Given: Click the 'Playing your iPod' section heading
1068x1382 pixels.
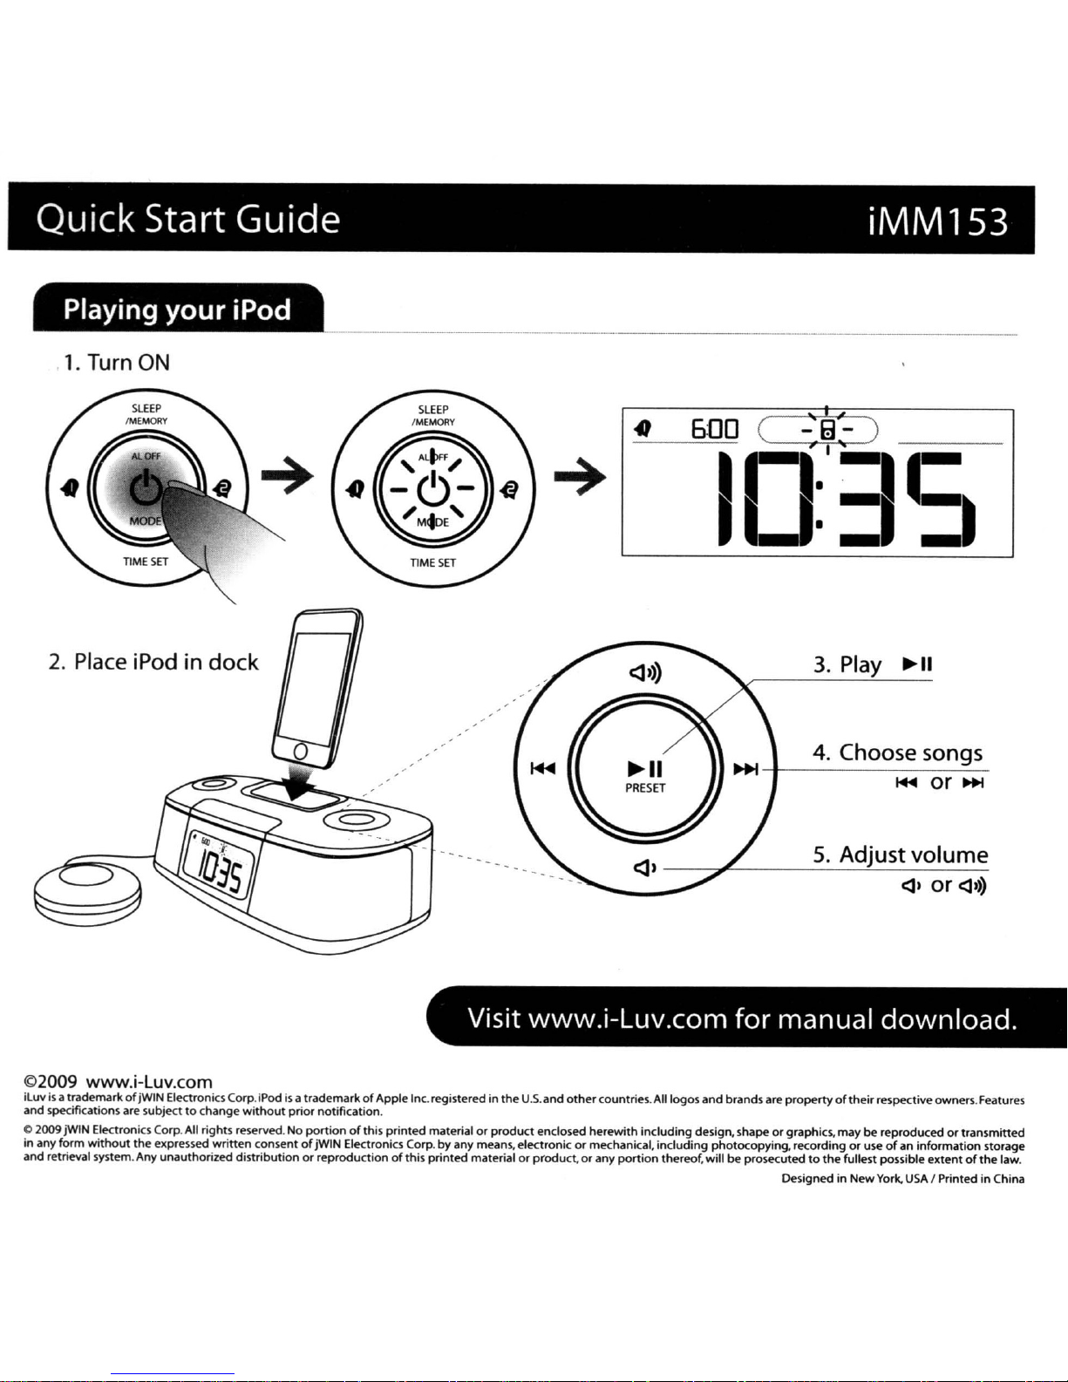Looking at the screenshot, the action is [177, 310].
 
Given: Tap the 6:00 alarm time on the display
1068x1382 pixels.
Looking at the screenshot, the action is [715, 430].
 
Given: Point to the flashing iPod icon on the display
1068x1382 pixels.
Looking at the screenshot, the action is [827, 430].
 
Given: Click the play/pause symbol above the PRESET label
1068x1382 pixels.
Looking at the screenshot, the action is [645, 769].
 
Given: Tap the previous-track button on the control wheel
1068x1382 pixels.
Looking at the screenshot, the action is [543, 769].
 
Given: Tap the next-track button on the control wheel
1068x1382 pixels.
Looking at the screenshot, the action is [745, 770].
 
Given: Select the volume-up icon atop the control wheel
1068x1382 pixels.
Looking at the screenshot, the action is [645, 672].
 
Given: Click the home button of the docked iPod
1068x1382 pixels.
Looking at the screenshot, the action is [302, 752].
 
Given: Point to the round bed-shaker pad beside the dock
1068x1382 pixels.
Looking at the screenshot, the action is [88, 893].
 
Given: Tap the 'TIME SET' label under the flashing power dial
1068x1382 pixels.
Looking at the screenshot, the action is [433, 563].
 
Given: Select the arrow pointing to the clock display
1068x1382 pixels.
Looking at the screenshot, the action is [580, 477].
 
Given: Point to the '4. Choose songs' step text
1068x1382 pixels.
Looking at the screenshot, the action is [898, 752].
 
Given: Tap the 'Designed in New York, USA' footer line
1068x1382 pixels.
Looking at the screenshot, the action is [902, 1179].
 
